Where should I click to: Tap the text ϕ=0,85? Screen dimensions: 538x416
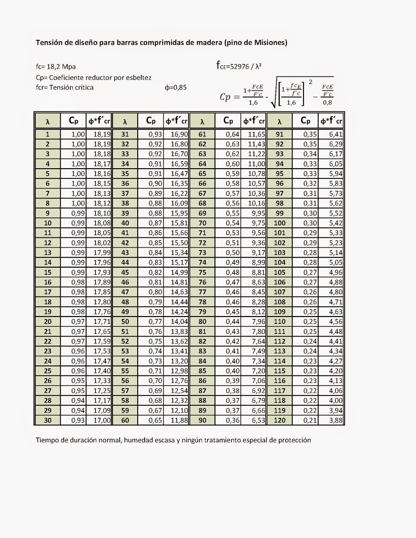[176, 88]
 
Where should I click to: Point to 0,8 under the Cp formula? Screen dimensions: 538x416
[327, 103]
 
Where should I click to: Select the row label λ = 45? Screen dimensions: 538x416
[125, 272]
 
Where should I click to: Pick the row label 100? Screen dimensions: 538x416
[279, 223]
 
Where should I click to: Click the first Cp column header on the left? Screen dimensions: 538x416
[73, 120]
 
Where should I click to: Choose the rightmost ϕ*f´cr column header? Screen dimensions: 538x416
[331, 121]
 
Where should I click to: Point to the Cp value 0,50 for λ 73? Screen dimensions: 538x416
[232, 253]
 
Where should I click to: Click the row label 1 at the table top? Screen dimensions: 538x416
[47, 134]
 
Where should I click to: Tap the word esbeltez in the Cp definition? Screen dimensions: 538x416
[138, 78]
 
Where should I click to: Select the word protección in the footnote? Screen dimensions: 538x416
[294, 440]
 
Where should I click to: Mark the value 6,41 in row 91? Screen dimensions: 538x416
[335, 134]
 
